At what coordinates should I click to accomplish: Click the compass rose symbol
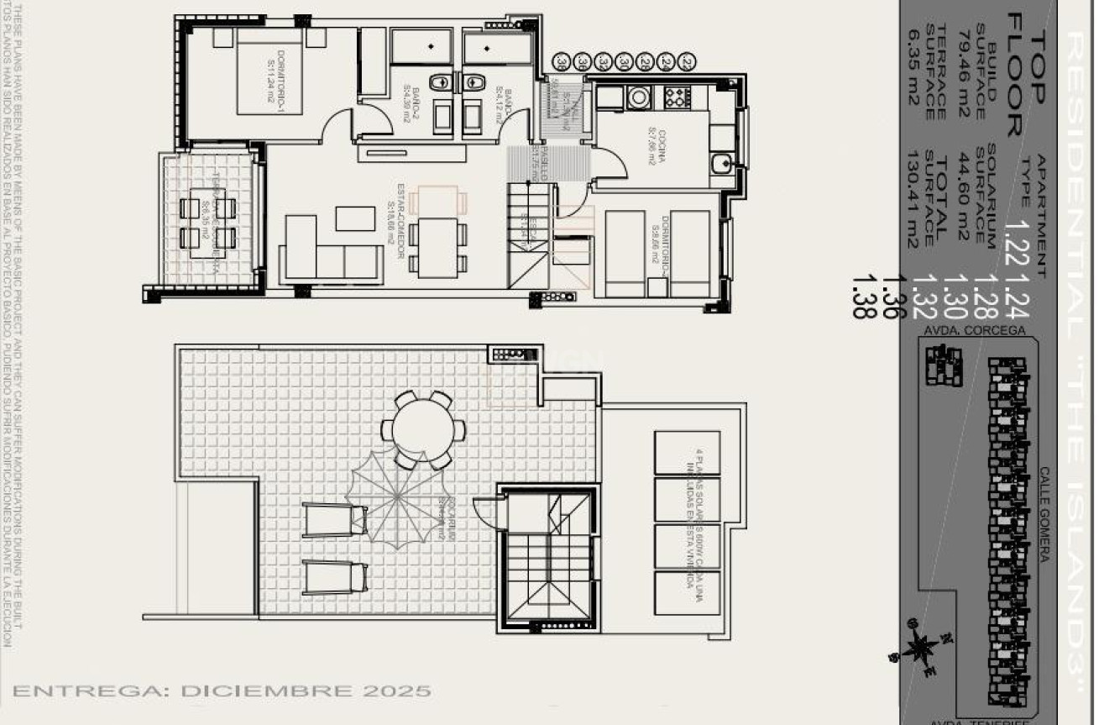tap(922, 647)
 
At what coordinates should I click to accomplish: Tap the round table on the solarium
tap(422, 428)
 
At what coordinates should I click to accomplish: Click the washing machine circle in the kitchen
tap(638, 97)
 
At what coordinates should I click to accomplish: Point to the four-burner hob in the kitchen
tap(677, 97)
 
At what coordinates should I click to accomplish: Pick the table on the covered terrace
tap(207, 222)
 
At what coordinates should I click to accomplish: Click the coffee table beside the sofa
tap(355, 218)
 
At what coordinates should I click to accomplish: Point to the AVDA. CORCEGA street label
tap(975, 330)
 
